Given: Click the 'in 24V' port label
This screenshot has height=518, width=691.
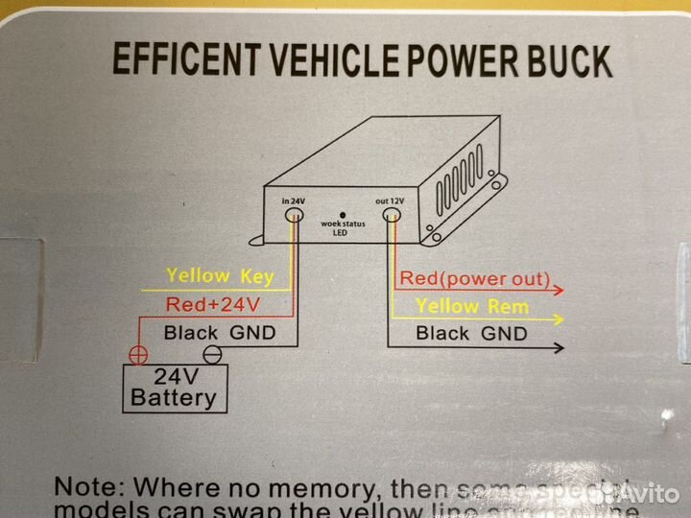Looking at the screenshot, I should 293,200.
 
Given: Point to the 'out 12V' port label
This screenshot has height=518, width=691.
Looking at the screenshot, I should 390,200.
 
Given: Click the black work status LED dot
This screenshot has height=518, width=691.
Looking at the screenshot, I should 338,215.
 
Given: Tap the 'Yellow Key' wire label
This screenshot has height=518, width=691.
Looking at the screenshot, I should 220,276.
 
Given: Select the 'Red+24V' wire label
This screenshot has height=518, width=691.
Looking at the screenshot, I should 214,305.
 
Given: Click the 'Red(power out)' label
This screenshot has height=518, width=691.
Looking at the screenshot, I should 475,279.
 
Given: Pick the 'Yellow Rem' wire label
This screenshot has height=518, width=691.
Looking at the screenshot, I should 472,307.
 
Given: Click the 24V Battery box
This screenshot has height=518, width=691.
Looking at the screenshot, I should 174,387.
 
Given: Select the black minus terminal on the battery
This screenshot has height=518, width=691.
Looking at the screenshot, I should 213,353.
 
